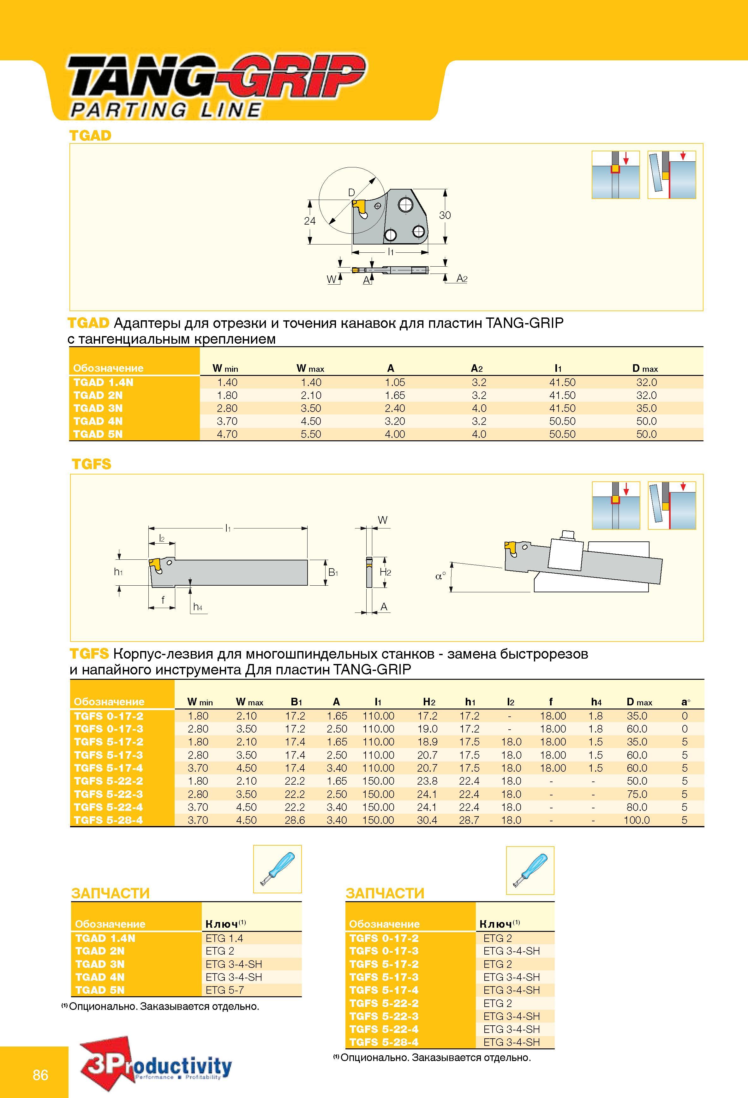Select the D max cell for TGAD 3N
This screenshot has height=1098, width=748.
tap(646, 408)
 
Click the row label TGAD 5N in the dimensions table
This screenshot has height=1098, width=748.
tap(98, 434)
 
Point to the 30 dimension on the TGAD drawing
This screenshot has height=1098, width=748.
tap(445, 215)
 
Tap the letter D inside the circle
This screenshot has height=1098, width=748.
tap(351, 192)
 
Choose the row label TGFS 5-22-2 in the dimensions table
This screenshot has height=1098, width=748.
tap(108, 781)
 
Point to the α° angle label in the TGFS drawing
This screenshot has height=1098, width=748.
tap(440, 576)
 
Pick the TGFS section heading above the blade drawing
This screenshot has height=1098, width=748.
tap(91, 464)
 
